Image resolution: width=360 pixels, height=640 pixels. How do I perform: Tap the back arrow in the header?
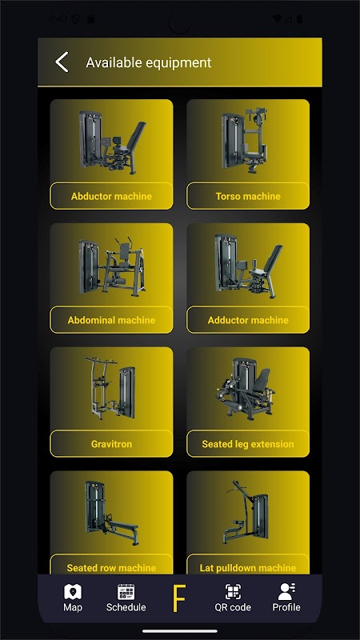pyautogui.click(x=62, y=62)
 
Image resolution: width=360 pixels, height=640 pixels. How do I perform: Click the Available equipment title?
pyautogui.click(x=149, y=62)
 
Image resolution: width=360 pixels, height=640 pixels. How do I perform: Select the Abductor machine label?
pyautogui.click(x=111, y=196)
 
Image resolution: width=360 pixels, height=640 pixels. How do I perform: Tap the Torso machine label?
pyautogui.click(x=248, y=196)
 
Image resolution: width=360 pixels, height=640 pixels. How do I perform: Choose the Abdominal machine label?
pyautogui.click(x=111, y=320)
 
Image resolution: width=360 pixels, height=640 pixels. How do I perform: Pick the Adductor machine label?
pyautogui.click(x=248, y=320)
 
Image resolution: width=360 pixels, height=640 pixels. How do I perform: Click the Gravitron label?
pyautogui.click(x=111, y=444)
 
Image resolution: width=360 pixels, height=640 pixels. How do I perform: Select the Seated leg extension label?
pyautogui.click(x=248, y=444)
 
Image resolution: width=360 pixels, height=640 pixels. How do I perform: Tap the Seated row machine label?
pyautogui.click(x=111, y=568)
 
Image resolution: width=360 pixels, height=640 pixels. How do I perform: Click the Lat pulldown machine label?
pyautogui.click(x=248, y=568)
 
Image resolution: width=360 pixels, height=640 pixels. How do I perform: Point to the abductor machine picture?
pyautogui.click(x=112, y=142)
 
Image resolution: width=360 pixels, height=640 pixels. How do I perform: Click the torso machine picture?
pyautogui.click(x=244, y=139)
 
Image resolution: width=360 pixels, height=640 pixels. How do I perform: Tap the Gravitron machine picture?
pyautogui.click(x=110, y=388)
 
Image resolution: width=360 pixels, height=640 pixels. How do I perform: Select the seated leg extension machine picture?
pyautogui.click(x=246, y=389)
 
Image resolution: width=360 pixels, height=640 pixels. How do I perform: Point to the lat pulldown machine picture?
pyautogui.click(x=246, y=512)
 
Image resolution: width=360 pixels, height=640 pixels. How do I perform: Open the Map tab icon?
pyautogui.click(x=73, y=592)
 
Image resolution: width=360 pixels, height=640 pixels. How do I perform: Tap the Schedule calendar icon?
pyautogui.click(x=126, y=592)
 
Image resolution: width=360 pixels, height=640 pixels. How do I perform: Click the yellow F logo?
pyautogui.click(x=178, y=598)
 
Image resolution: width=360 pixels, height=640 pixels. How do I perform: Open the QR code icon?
pyautogui.click(x=233, y=592)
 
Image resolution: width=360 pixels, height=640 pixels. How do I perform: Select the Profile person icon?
pyautogui.click(x=286, y=591)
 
